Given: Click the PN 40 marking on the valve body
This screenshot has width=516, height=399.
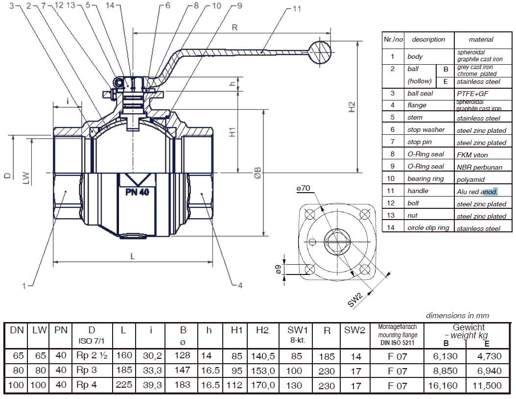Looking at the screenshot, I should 137,192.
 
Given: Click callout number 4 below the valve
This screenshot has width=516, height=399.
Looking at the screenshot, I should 240,285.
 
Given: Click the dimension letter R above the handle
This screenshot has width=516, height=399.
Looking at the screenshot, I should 235,27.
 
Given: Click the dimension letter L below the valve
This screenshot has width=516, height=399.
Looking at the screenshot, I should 133,255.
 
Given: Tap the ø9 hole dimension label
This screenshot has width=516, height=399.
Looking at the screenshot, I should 278,269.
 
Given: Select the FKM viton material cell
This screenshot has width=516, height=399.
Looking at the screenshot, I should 472,155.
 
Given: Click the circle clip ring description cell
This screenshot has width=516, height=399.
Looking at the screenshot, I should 428,228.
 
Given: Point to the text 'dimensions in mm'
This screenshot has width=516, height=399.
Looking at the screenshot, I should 457,316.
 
